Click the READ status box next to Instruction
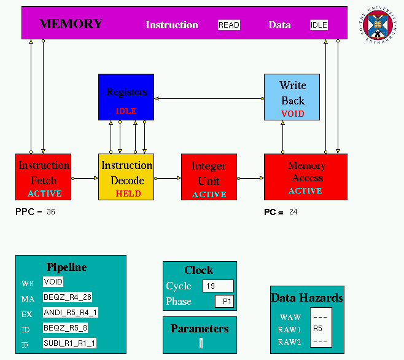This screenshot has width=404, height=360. click(228, 25)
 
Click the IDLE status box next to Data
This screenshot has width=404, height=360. click(319, 25)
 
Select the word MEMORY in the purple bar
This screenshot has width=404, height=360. click(71, 25)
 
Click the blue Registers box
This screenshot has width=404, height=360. click(126, 96)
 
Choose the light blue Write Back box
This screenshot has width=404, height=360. click(292, 96)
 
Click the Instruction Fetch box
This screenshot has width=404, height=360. click(43, 176)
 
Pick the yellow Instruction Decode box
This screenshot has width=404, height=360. click(126, 176)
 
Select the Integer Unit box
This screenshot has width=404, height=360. click(209, 176)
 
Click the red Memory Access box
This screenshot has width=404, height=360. click(305, 176)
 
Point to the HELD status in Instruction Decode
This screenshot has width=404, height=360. click(128, 194)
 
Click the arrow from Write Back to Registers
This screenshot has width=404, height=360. click(209, 98)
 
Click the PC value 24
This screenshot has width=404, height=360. click(293, 212)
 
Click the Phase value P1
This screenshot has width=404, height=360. click(224, 302)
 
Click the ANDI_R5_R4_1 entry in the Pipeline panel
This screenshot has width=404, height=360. click(70, 313)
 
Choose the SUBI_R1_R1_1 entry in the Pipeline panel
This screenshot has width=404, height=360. click(69, 343)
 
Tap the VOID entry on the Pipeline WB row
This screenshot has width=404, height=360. click(53, 282)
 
